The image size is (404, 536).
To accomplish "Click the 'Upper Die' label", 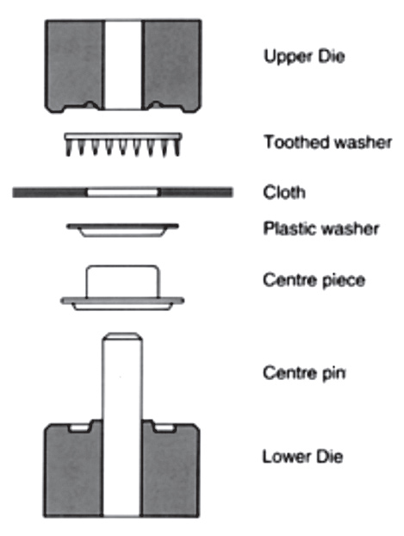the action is tap(304, 57).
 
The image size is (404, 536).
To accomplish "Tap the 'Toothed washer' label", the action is tap(327, 142).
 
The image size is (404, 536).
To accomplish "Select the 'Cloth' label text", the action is tap(284, 192).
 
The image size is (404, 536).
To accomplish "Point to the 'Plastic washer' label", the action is tap(321, 228).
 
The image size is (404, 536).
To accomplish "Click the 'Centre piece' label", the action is tap(314, 280).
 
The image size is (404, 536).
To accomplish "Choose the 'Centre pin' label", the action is tap(304, 372).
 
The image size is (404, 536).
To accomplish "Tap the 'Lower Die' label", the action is tap(302, 457).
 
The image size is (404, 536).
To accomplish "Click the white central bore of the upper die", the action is tap(122, 65).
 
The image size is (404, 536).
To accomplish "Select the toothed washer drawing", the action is tap(123, 145).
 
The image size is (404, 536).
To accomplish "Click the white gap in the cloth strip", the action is tap(123, 192).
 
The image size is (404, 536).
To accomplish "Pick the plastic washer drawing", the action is tap(122, 230).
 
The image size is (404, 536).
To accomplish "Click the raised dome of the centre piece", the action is tap(122, 281).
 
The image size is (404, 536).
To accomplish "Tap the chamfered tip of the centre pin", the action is tap(122, 336).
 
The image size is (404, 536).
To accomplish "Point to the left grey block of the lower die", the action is tap(73, 470).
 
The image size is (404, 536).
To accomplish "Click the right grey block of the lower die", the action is tap(171, 470).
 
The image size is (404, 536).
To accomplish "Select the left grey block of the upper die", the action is tap(74, 65).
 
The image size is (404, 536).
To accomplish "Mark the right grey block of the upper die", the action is tap(171, 65).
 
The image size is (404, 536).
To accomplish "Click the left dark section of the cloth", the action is tap(50, 192).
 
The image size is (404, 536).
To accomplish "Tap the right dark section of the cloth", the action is tap(196, 192).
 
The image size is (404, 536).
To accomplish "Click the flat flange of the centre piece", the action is tap(122, 301).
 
